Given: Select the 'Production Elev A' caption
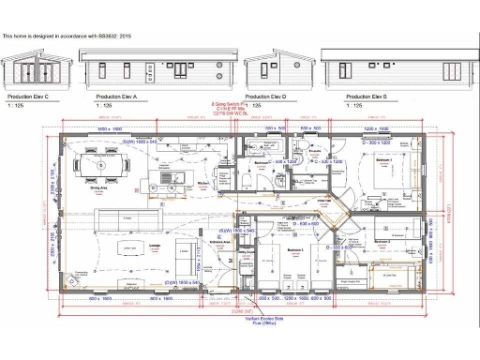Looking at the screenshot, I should pyautogui.click(x=117, y=97).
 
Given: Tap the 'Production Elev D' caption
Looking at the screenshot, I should pyautogui.click(x=266, y=97).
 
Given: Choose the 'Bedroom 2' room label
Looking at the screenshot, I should pyautogui.click(x=382, y=242).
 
